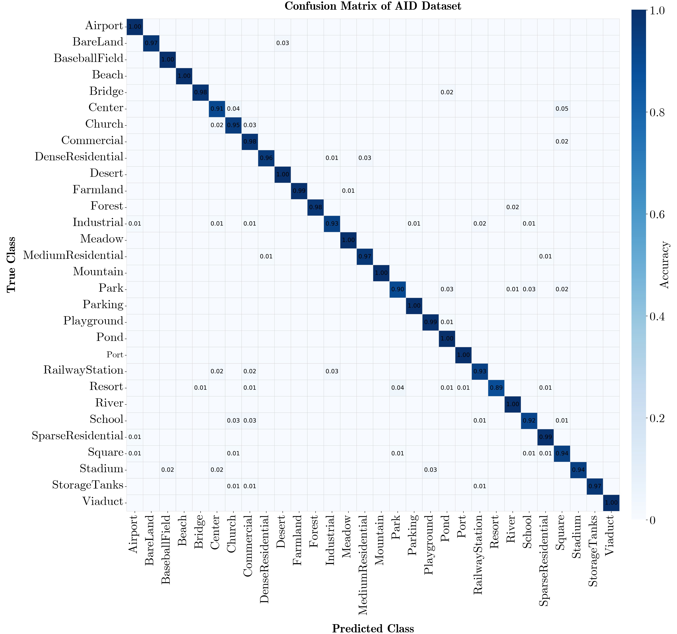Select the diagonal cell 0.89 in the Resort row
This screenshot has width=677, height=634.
pyautogui.click(x=496, y=388)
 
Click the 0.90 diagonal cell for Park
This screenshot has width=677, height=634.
pyautogui.click(x=397, y=289)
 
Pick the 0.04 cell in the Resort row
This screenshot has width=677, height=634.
pyautogui.click(x=397, y=388)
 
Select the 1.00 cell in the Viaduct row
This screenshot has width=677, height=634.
pyautogui.click(x=611, y=503)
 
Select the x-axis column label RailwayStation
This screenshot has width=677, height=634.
pyautogui.click(x=478, y=555)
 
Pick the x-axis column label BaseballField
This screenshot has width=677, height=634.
pyautogui.click(x=166, y=550)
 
